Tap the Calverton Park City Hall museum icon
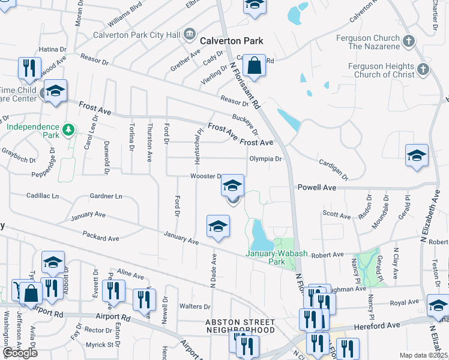click(190, 34)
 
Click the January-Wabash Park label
click(276, 257)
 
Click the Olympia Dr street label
click(265, 159)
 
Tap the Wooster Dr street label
click(206, 176)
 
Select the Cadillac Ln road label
click(43, 196)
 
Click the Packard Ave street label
click(101, 238)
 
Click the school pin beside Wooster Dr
click(232, 186)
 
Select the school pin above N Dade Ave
click(218, 226)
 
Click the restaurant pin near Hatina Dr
click(29, 68)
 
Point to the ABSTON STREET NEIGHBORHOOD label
click(240, 326)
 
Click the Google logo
click(20, 352)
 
